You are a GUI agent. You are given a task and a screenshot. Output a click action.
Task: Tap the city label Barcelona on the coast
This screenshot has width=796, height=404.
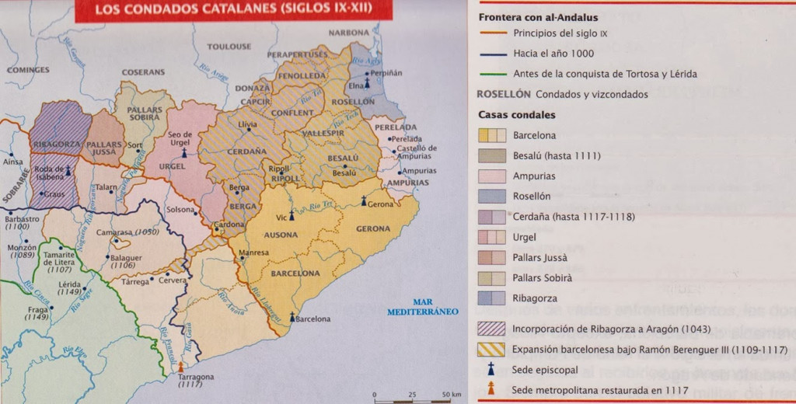(x=313, y=319)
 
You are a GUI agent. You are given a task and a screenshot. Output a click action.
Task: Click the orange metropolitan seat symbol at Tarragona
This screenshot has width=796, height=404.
(x=181, y=366)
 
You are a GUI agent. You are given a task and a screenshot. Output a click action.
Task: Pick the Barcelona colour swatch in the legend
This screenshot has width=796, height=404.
(x=491, y=135)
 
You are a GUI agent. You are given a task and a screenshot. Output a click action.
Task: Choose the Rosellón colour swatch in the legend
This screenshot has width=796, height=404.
(x=491, y=197)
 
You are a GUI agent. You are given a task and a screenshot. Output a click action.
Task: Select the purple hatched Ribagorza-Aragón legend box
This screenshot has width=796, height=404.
(x=491, y=329)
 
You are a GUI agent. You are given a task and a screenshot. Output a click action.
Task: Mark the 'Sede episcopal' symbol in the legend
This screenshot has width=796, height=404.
(x=491, y=369)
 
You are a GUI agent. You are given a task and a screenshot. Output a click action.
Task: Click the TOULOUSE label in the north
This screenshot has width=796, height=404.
(x=229, y=47)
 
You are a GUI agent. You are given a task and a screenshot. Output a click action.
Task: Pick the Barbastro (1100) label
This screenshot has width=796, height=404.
(x=22, y=223)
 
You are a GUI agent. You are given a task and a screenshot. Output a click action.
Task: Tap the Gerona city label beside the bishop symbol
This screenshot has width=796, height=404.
(x=381, y=204)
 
